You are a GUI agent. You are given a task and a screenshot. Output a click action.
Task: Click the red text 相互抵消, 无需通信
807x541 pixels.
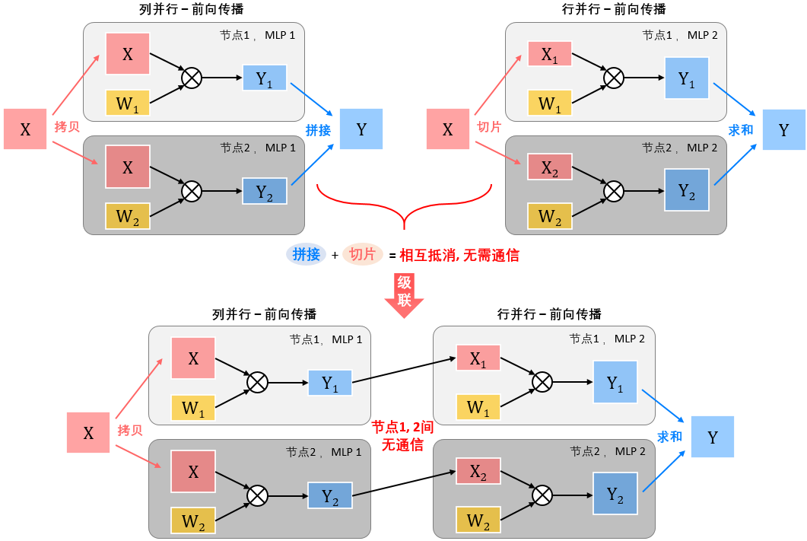[459, 256]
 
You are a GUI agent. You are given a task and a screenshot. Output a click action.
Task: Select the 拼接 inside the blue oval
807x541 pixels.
[307, 255]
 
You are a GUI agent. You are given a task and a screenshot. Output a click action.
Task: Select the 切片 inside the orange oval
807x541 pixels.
[362, 255]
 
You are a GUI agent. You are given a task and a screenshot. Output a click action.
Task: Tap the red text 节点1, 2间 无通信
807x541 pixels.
[402, 436]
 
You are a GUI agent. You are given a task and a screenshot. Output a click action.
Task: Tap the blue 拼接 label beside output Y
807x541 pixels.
[318, 130]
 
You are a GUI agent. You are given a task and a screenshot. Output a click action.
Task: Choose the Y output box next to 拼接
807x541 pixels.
[361, 129]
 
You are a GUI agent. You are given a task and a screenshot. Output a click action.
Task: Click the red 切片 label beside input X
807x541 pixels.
[488, 127]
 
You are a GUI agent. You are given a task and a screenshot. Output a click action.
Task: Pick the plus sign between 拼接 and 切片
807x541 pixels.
[334, 256]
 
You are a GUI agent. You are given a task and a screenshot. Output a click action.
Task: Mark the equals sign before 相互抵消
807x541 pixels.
[392, 256]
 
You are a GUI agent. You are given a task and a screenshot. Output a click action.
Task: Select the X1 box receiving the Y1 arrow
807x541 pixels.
[478, 359]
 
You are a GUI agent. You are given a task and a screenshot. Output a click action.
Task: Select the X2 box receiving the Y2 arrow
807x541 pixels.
[478, 472]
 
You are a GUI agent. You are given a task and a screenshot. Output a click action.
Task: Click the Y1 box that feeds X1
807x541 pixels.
[330, 383]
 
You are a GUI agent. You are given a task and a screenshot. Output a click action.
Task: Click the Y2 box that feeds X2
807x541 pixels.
[330, 496]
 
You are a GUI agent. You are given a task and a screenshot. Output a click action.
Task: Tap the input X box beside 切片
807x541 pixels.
[447, 129]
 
